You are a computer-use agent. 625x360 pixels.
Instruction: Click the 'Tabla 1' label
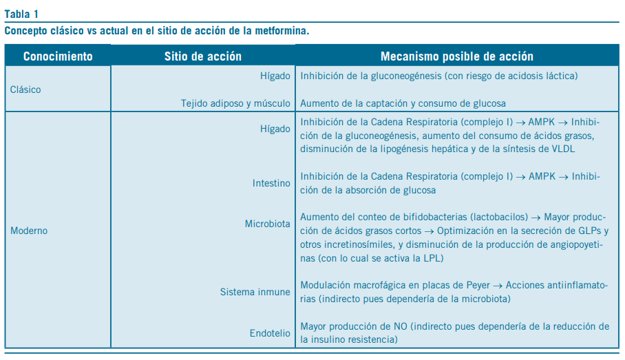[x=21, y=14]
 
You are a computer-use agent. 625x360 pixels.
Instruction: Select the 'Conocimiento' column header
[x=58, y=56]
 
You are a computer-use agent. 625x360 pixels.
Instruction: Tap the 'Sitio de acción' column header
[x=203, y=56]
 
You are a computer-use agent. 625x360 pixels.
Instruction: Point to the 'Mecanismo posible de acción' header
[x=456, y=56]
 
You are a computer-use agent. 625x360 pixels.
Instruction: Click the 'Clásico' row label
[x=25, y=89]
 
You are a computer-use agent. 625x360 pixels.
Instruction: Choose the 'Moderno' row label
[x=29, y=231]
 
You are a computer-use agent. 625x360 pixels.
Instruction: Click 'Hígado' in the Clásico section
[x=275, y=76]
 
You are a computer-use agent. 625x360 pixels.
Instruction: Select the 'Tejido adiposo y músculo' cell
[x=235, y=103]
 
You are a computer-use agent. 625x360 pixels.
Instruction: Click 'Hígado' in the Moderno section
[x=275, y=129]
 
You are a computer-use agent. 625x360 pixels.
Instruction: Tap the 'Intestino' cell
[x=271, y=184]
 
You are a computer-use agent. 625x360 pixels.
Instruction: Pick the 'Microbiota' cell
[x=268, y=224]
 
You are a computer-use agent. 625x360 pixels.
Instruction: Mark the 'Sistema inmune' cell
[x=255, y=292]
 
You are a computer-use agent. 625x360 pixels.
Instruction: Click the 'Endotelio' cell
[x=270, y=334]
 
